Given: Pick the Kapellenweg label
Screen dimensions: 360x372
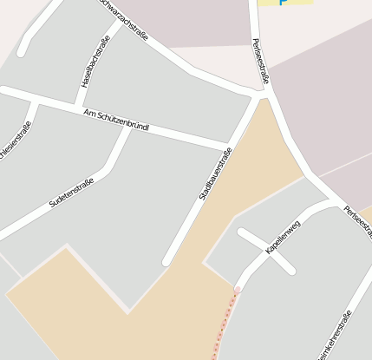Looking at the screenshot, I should point(283,236).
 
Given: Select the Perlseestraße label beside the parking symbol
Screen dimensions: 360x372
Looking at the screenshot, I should point(261,60).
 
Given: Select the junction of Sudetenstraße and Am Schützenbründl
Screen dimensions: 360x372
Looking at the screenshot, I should point(130,128).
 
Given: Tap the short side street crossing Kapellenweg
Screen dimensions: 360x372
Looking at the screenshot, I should point(266,251).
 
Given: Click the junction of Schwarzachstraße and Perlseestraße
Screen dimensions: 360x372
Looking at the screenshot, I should point(258,91).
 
